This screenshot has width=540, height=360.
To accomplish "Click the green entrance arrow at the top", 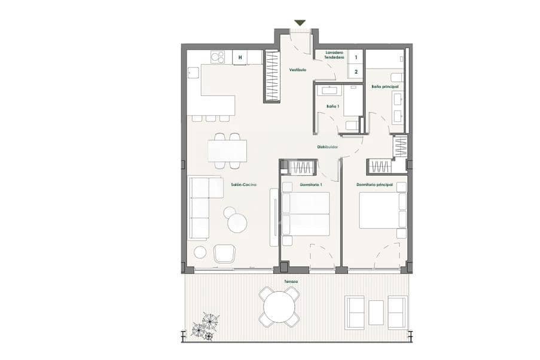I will (300, 23).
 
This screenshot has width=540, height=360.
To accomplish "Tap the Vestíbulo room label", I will (298, 70).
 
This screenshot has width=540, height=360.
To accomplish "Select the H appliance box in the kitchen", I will (240, 57).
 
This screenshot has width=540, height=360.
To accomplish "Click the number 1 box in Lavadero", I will (356, 57).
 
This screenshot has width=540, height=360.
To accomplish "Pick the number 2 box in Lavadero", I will (356, 71).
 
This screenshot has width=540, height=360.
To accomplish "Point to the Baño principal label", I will (385, 87).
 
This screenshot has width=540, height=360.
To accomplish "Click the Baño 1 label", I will (332, 106).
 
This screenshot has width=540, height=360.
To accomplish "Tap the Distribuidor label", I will (327, 147).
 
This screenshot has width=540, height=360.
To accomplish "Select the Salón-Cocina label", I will (243, 185).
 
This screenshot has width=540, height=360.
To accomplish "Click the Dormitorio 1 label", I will (310, 185).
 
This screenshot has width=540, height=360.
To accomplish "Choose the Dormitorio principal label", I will (374, 185).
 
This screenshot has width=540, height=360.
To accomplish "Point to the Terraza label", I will (291, 280).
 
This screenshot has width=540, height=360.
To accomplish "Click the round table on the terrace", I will (280, 307).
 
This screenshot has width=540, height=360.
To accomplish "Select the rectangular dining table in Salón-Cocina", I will (227, 150).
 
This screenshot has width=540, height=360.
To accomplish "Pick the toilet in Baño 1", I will (352, 126).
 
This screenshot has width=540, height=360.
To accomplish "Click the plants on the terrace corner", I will (203, 327).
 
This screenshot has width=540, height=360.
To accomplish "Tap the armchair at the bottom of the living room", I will (224, 254).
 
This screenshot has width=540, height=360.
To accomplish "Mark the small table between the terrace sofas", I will (376, 312).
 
